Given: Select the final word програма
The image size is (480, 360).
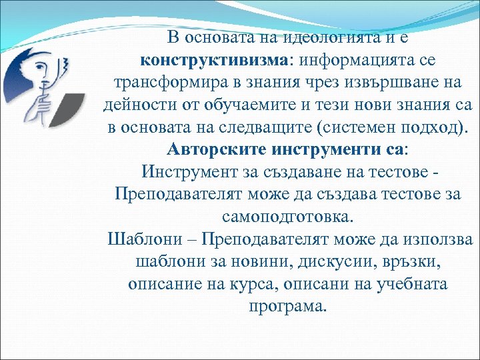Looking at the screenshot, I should point(287,306).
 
